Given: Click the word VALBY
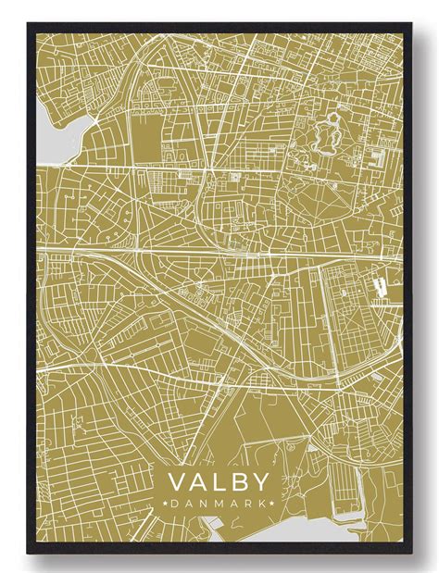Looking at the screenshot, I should (218, 481).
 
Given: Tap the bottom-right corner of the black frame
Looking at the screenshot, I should (411, 554).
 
